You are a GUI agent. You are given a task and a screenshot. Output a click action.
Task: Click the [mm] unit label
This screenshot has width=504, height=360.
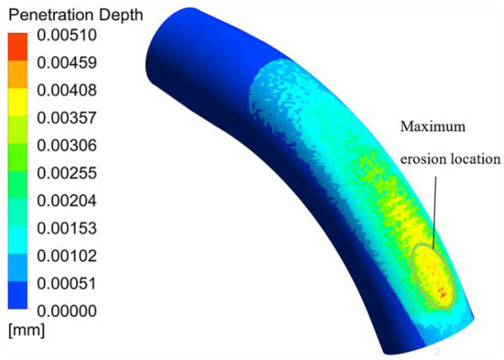click(x=23, y=329)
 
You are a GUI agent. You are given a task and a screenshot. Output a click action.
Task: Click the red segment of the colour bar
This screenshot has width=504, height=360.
click(x=18, y=44)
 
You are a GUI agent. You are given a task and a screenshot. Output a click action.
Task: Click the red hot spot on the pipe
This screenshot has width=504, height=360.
click(x=444, y=291)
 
